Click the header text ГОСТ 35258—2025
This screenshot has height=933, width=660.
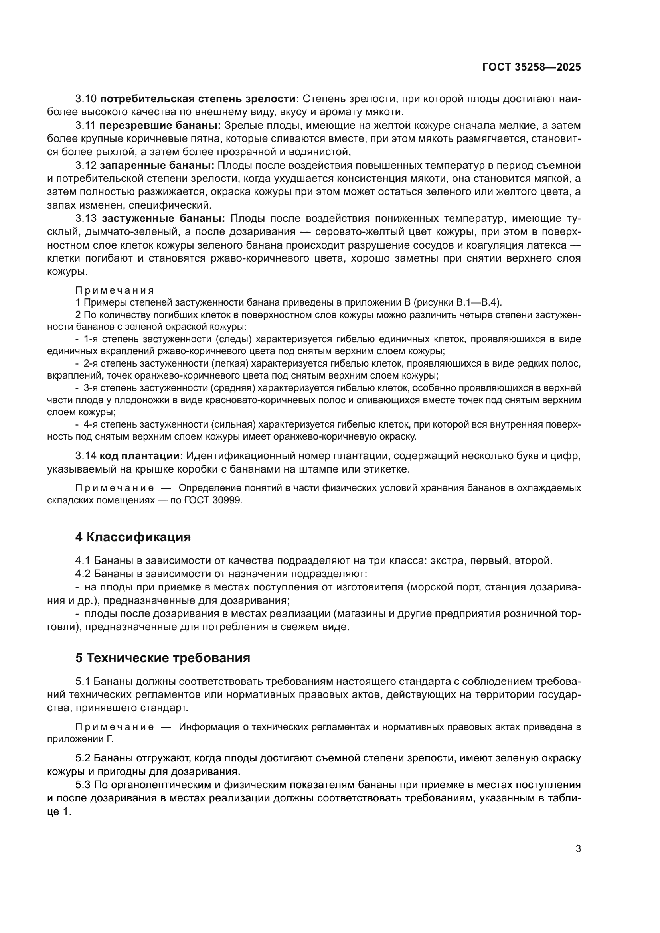click(532, 67)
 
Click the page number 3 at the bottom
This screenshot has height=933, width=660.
click(578, 848)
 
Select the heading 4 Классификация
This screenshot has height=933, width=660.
click(133, 537)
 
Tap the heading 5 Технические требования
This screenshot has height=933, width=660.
click(162, 658)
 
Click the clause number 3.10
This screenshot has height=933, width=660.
click(86, 99)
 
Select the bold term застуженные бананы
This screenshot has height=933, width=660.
click(163, 219)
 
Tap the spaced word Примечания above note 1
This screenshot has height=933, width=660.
click(115, 290)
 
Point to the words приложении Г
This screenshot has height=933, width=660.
click(80, 739)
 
